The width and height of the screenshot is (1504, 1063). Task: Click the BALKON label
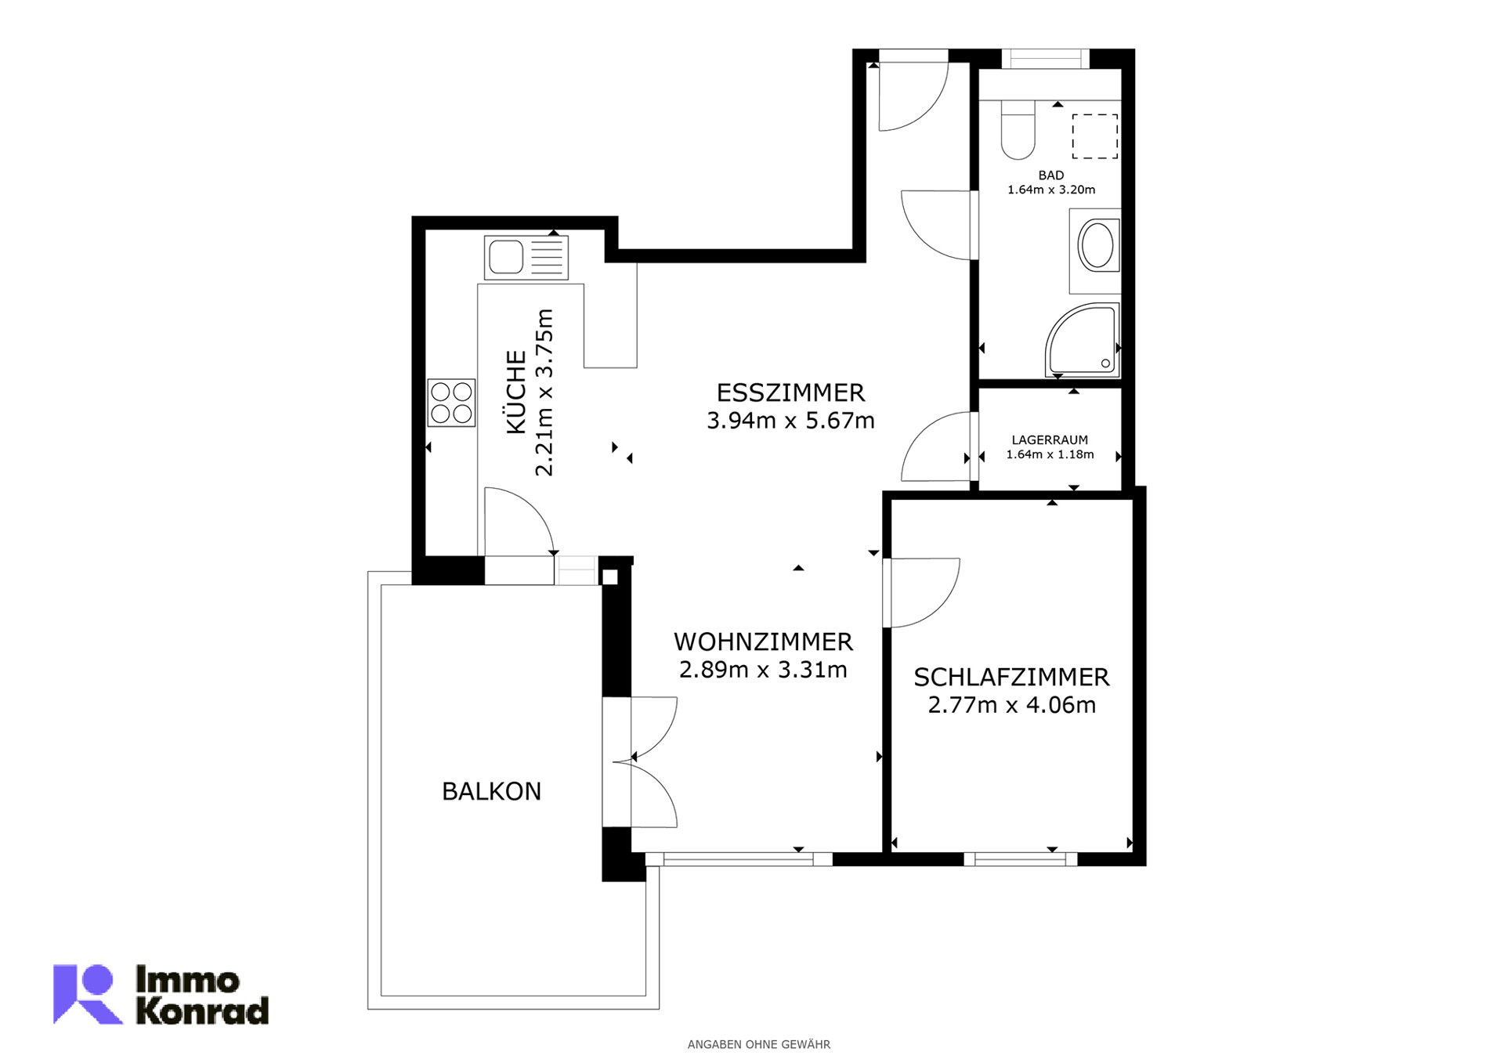[491, 791]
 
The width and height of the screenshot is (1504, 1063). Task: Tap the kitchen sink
[526, 258]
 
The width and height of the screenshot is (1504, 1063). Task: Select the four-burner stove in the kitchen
[451, 403]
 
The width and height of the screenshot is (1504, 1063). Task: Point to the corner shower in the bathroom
[1082, 340]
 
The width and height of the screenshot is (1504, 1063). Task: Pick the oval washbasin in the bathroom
[1096, 245]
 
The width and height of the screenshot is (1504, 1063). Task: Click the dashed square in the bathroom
[1094, 136]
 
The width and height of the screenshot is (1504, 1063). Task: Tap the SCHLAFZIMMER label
[1011, 677]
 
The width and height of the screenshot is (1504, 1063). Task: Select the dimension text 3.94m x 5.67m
[790, 421]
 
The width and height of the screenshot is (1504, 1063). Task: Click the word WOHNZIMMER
[763, 642]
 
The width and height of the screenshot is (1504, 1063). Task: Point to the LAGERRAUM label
[1050, 440]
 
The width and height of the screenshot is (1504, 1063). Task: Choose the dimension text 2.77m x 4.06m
[1011, 705]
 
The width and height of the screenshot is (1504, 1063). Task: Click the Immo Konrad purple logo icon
[87, 994]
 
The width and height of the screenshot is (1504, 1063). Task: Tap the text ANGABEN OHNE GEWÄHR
[758, 1044]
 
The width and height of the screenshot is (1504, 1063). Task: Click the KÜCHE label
[516, 392]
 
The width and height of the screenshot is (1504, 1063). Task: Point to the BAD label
[1051, 175]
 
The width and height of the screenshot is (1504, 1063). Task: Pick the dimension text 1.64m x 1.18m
[1050, 454]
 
